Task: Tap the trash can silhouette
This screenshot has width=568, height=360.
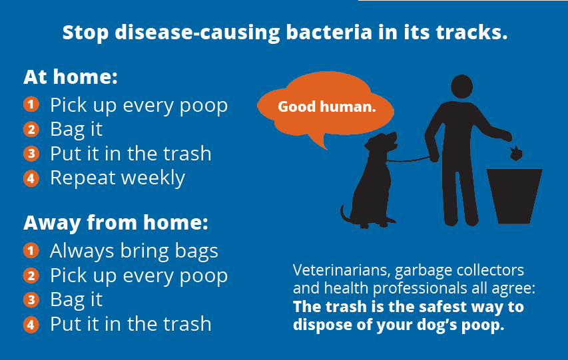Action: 514,196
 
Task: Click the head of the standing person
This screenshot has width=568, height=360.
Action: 461,87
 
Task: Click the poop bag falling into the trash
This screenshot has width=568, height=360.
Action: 516,154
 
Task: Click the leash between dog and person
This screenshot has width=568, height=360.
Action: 409,160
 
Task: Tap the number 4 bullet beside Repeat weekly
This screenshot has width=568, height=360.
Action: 31,178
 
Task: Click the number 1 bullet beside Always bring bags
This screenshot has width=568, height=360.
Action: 31,251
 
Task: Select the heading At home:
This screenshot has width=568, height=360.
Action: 71,77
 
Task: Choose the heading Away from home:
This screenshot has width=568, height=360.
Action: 116,222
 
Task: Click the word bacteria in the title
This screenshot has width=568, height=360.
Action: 329,32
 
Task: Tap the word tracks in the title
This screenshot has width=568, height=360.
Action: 471,32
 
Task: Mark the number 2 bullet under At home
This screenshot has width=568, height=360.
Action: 31,129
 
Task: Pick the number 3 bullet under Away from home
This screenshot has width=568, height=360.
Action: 31,300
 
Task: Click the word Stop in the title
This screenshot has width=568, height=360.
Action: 85,33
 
